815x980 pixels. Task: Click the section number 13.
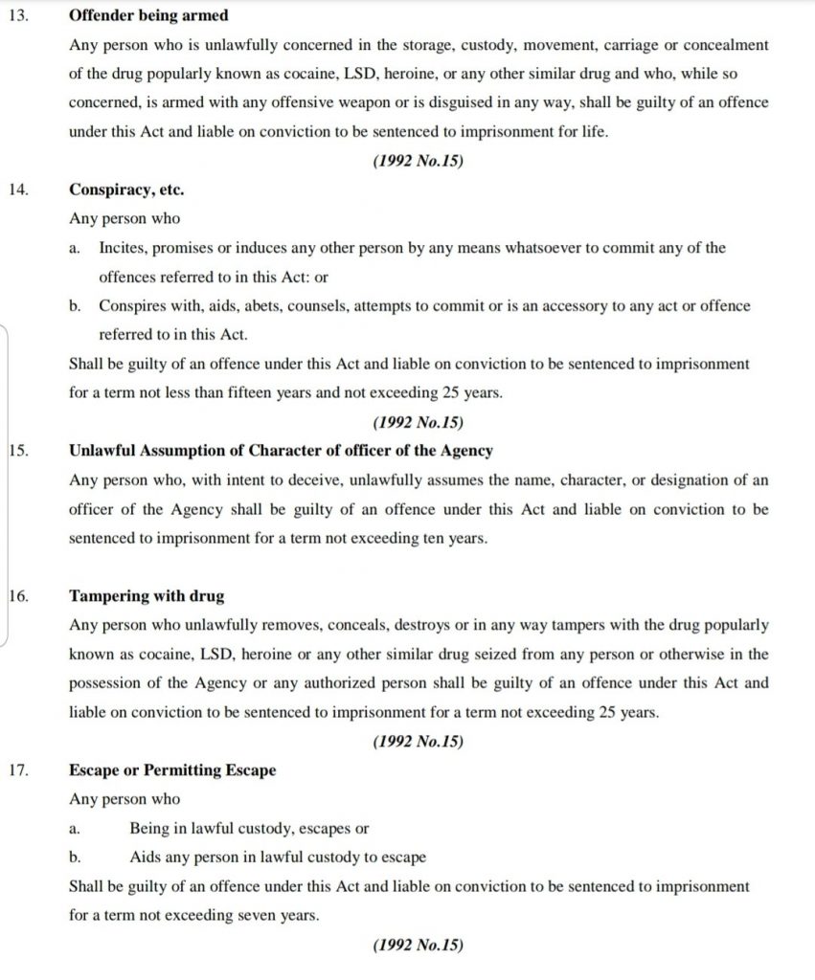click(17, 16)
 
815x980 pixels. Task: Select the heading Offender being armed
click(148, 16)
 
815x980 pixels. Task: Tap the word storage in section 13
click(431, 45)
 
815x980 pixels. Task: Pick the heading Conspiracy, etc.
click(126, 189)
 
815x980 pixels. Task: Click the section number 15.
click(17, 451)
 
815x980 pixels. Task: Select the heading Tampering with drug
click(147, 596)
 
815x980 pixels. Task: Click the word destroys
click(419, 625)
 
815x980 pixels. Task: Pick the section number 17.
click(17, 770)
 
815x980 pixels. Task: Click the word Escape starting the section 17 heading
click(93, 770)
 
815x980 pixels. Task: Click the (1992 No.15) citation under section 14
click(418, 422)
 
